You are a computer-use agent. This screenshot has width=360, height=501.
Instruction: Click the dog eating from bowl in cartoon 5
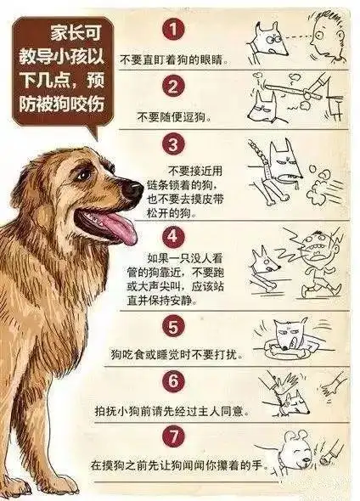click(x=293, y=336)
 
